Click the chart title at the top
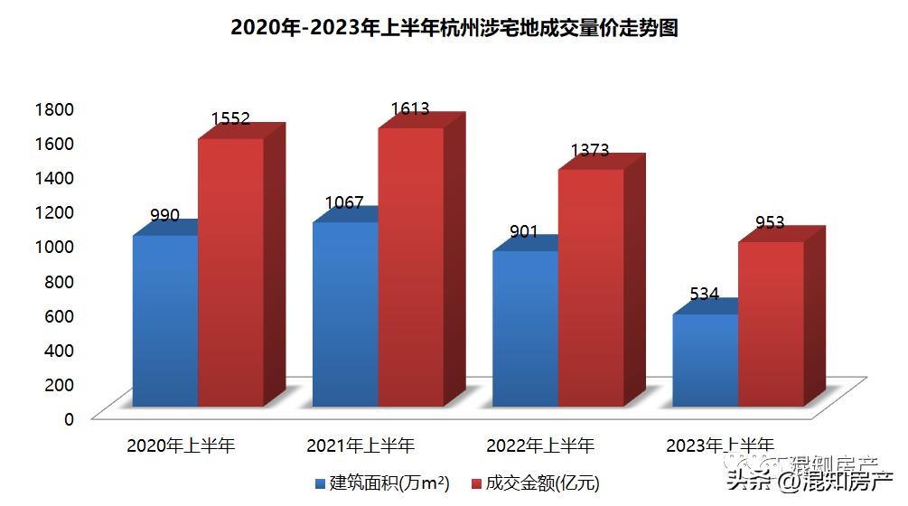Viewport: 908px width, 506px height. coord(454,28)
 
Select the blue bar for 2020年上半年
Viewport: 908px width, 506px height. coord(165,321)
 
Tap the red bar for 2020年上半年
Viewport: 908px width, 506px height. coord(231,271)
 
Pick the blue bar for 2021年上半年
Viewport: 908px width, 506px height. coord(345,314)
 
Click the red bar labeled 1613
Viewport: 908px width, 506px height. coord(411,267)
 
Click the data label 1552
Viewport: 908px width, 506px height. coord(230,119)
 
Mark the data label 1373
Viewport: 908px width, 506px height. coord(589,151)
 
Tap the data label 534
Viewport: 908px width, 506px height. coord(704,294)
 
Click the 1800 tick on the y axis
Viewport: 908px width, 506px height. coord(53,109)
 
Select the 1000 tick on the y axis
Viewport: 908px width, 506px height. coord(53,247)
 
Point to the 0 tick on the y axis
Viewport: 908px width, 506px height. coord(68,418)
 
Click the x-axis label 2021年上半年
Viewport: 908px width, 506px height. coord(360,445)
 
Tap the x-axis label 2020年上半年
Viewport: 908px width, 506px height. coord(181,445)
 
